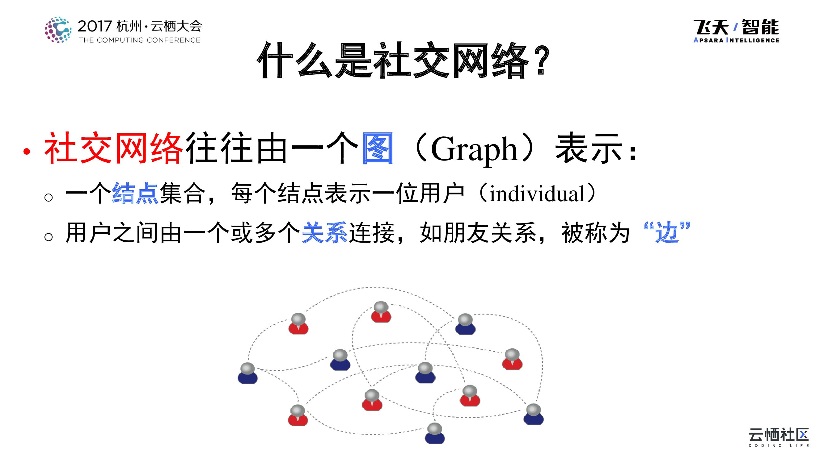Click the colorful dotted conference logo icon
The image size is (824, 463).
[58, 30]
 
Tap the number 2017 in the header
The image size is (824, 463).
[95, 26]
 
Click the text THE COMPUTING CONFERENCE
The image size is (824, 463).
[139, 40]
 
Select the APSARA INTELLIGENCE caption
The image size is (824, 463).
[736, 40]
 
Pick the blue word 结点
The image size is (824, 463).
[135, 193]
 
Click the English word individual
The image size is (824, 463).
[537, 194]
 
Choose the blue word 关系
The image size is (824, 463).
[324, 233]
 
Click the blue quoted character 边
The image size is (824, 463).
[667, 232]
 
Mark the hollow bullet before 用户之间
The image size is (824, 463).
[49, 237]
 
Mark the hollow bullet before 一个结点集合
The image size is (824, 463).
[49, 197]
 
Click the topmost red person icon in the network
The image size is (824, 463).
[381, 312]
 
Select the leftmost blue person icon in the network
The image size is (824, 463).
[247, 373]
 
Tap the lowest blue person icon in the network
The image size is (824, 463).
[435, 433]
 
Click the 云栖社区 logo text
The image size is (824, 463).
[778, 435]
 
